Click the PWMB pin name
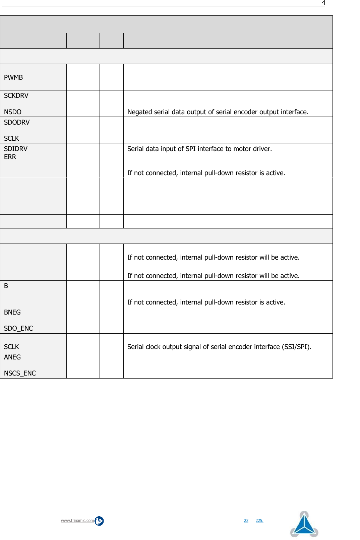13,77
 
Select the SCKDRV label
16,95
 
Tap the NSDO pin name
13,112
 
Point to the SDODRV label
17,122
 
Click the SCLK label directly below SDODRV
11,138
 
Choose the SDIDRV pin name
16,149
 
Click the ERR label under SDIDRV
10,157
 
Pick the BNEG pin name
12,312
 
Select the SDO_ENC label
18,328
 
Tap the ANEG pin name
12,357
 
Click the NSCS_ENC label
20,373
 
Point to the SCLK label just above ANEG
11,347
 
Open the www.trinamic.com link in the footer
77,521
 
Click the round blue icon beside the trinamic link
99,521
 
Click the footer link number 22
246,521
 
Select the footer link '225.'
259,521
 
